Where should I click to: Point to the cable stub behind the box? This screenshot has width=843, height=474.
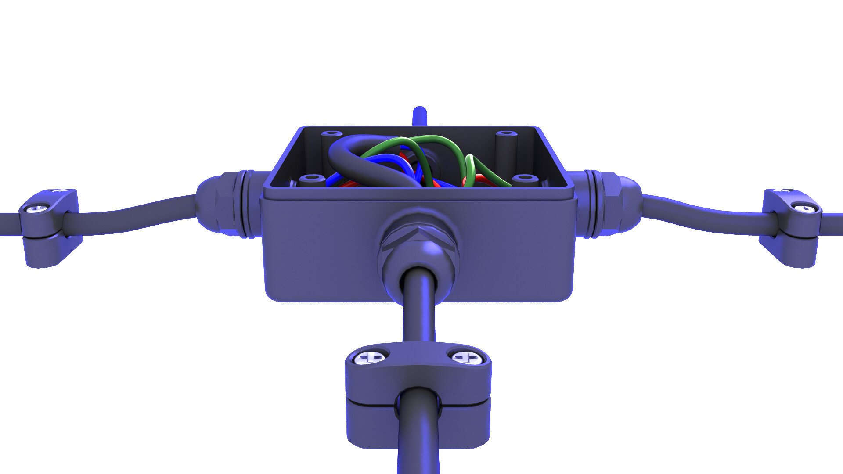click(420, 116)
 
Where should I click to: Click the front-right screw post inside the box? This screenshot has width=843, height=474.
click(525, 179)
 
